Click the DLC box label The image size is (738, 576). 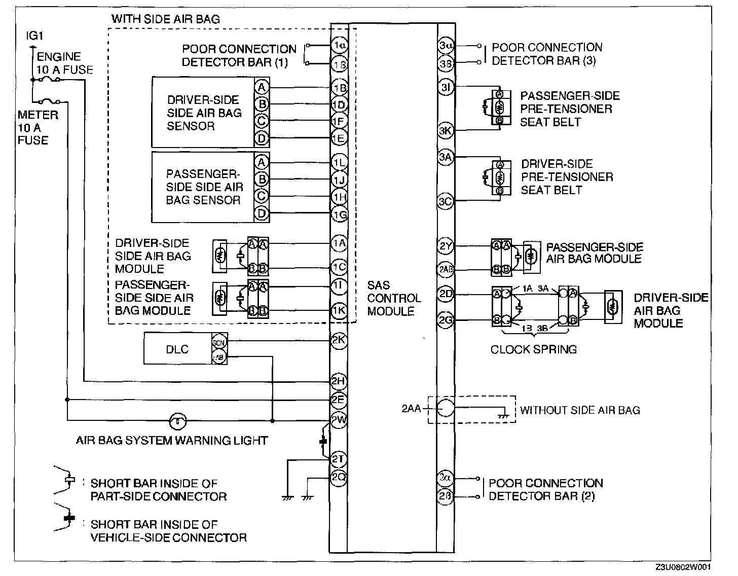[x=177, y=349]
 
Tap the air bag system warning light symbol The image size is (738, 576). [x=177, y=420]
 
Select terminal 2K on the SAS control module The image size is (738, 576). [x=339, y=340]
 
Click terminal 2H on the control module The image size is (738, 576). [x=338, y=381]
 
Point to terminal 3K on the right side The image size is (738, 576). [x=446, y=130]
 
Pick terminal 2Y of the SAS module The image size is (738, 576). [x=446, y=247]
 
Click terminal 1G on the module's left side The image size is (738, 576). [x=339, y=214]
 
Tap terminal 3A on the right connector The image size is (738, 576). [x=446, y=157]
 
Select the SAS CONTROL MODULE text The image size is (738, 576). [x=394, y=298]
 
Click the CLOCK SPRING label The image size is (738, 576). [x=533, y=349]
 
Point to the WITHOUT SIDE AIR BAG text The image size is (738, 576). [x=580, y=410]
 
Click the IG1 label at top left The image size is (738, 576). [x=34, y=37]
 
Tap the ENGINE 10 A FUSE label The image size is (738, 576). [x=65, y=63]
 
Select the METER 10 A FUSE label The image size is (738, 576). [x=38, y=127]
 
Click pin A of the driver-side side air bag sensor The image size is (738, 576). [x=262, y=87]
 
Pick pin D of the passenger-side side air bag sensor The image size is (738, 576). [x=262, y=213]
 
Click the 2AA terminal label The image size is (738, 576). [x=411, y=408]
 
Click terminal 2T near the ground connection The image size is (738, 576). [x=338, y=459]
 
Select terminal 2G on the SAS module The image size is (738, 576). [x=446, y=320]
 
